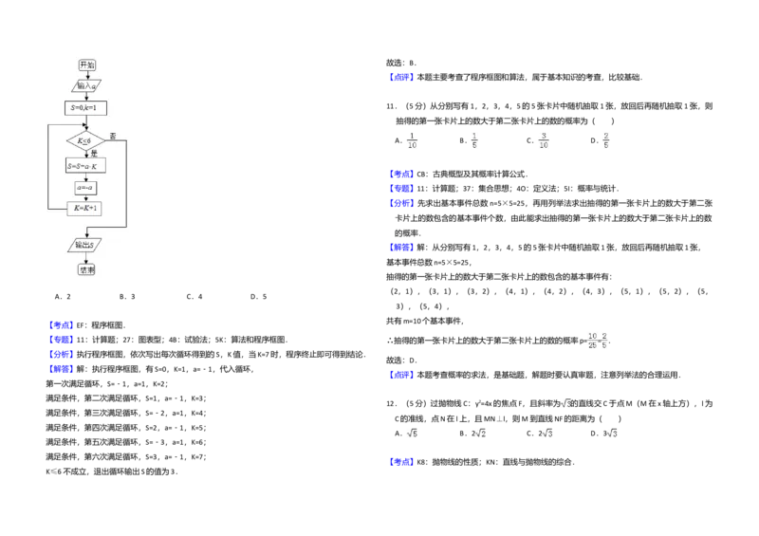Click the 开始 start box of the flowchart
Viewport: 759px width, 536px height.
[x=86, y=65]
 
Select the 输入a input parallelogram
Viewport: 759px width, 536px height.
[x=86, y=85]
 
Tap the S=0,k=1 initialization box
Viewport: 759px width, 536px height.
[x=85, y=108]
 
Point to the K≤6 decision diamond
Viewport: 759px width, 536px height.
[x=85, y=140]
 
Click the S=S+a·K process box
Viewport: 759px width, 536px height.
[x=85, y=166]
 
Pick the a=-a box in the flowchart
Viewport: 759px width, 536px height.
[x=85, y=188]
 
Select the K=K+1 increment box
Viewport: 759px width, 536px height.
[x=85, y=209]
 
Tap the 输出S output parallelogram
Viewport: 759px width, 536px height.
[x=85, y=245]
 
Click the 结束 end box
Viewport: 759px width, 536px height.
[x=86, y=269]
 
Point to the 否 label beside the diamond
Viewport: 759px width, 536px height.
[x=113, y=136]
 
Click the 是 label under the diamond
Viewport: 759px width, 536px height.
[x=93, y=154]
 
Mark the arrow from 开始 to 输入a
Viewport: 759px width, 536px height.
[x=86, y=75]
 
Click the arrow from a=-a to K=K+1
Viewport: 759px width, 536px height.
[x=85, y=198]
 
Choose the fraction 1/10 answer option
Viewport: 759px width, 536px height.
[x=412, y=140]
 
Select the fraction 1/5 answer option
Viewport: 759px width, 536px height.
[x=474, y=140]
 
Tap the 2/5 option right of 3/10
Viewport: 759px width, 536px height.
[x=606, y=140]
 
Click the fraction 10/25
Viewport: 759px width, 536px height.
[x=592, y=340]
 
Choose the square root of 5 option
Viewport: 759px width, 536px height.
[x=411, y=433]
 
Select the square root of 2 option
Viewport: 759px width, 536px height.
[x=479, y=433]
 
